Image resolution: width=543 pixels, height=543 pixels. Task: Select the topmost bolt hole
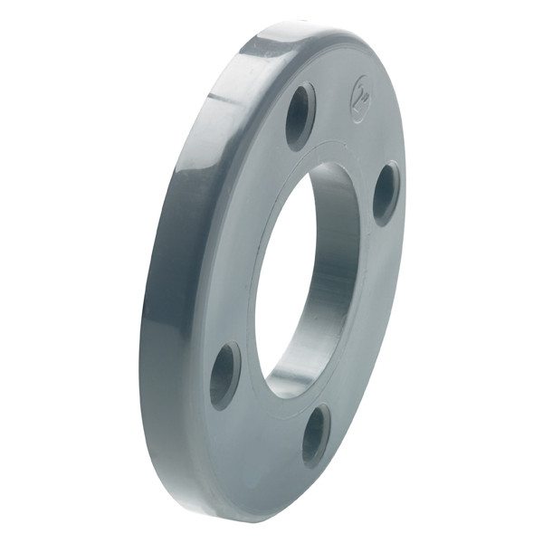[x=300, y=116]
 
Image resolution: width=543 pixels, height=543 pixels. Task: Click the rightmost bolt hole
[x=386, y=194]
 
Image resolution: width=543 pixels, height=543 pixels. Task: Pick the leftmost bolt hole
[x=224, y=375]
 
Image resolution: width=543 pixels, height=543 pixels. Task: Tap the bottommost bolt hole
[x=315, y=435]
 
